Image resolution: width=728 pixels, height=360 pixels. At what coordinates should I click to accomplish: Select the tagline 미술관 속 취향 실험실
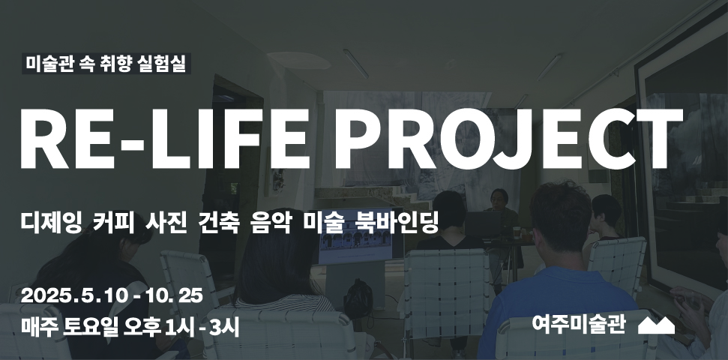click(x=106, y=64)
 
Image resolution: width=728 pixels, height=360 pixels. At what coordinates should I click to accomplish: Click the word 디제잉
click(x=52, y=223)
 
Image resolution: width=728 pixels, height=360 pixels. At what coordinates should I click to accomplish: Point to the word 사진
click(x=166, y=223)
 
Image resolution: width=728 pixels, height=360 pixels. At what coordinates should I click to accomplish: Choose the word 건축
click(x=218, y=223)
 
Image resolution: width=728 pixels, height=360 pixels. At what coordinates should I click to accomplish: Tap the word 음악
click(x=271, y=223)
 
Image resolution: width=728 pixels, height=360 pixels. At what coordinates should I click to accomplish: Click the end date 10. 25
click(x=174, y=296)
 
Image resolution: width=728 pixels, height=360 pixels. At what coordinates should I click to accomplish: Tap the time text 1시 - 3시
click(x=202, y=328)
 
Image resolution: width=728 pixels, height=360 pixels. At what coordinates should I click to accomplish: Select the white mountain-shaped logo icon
click(x=656, y=325)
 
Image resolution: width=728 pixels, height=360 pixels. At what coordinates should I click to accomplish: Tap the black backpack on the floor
click(x=358, y=298)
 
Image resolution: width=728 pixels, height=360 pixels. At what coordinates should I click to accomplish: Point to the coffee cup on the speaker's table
click(x=517, y=232)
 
